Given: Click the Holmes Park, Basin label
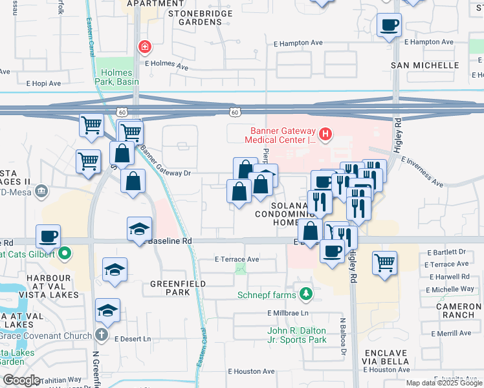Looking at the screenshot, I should pos(116,77).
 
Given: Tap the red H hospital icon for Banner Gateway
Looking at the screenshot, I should pos(325,135).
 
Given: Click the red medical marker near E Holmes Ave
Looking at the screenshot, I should pos(144,46).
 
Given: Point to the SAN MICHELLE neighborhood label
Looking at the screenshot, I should pos(424,65).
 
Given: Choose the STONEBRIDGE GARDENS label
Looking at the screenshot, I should pos(194,17).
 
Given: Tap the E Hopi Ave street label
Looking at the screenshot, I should pos(43,83).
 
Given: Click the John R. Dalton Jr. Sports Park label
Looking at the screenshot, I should pos(297,335).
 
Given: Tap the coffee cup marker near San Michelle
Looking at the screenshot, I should pos(390,25).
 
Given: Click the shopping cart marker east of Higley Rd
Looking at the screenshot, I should pos(385,263).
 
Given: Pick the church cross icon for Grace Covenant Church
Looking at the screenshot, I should pos(102,335).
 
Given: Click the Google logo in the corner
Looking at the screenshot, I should pos(21,380).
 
